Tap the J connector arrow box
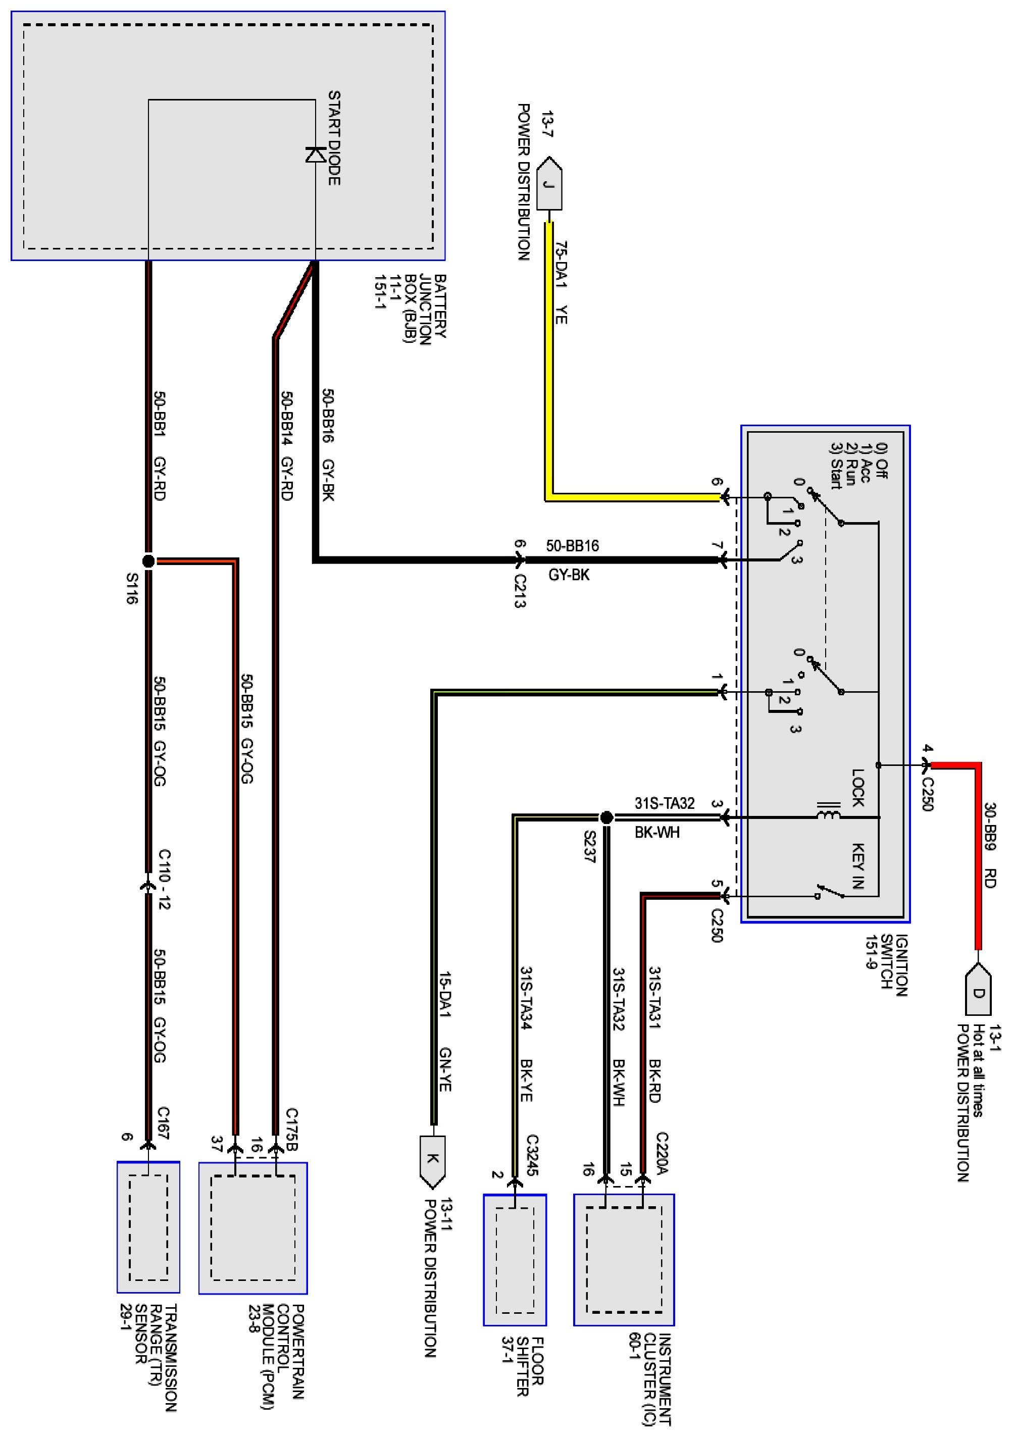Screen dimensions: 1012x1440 click(x=549, y=184)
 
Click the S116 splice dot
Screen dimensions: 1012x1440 click(x=148, y=560)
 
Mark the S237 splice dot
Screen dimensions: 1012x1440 click(x=606, y=817)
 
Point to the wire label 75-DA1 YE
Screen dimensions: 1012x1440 click(x=561, y=283)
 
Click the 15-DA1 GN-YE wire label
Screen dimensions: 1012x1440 click(x=445, y=1033)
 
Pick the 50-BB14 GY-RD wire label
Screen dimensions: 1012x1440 click(x=286, y=446)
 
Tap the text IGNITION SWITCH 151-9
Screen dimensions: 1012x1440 click(x=886, y=965)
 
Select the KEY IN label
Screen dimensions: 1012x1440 click(x=857, y=865)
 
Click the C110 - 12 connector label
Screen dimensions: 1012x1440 click(x=164, y=880)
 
